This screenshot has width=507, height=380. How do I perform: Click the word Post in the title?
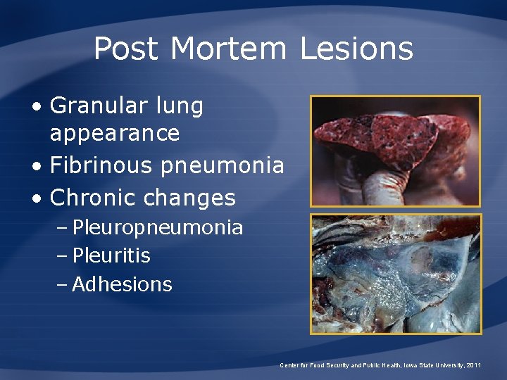(127, 49)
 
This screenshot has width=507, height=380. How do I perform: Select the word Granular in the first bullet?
(96, 106)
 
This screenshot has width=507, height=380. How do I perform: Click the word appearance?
(115, 133)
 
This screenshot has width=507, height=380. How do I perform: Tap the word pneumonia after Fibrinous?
(222, 165)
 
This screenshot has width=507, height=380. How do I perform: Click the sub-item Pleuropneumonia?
(158, 228)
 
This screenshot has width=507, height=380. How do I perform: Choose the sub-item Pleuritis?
(111, 255)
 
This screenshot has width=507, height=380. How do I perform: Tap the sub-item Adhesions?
(122, 284)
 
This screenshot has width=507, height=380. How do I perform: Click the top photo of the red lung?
(396, 151)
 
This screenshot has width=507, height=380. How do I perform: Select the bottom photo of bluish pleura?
(396, 273)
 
